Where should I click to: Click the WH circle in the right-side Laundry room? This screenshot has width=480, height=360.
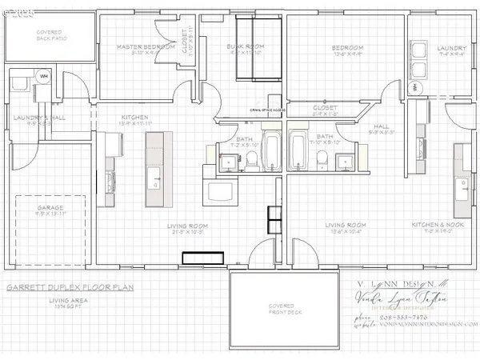coord(414,86)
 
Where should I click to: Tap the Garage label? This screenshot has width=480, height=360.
coord(50,208)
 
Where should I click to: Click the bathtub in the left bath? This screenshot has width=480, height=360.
coord(271,153)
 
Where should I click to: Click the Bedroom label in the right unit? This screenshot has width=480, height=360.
coord(348,48)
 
